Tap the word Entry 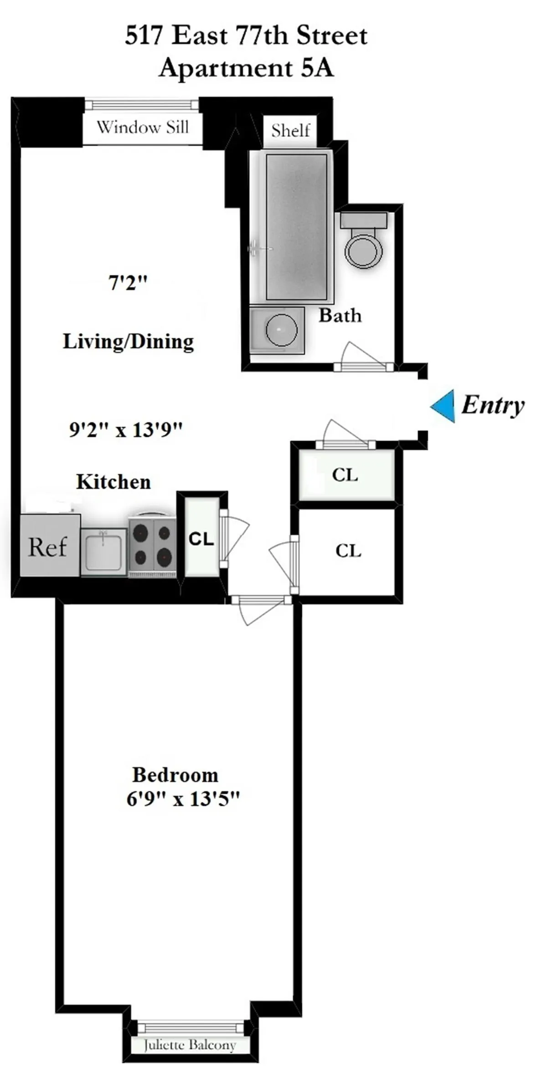tap(493, 405)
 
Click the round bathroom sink tap(281, 329)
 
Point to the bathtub tap(296, 226)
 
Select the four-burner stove tap(152, 545)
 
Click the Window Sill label tap(143, 127)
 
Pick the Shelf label tap(290, 131)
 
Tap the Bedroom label tap(175, 775)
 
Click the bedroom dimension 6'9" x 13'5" tap(183, 799)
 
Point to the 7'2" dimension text tap(128, 283)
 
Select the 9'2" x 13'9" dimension tap(126, 429)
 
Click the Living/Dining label tap(128, 342)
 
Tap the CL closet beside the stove tap(201, 539)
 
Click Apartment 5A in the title tap(246, 68)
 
